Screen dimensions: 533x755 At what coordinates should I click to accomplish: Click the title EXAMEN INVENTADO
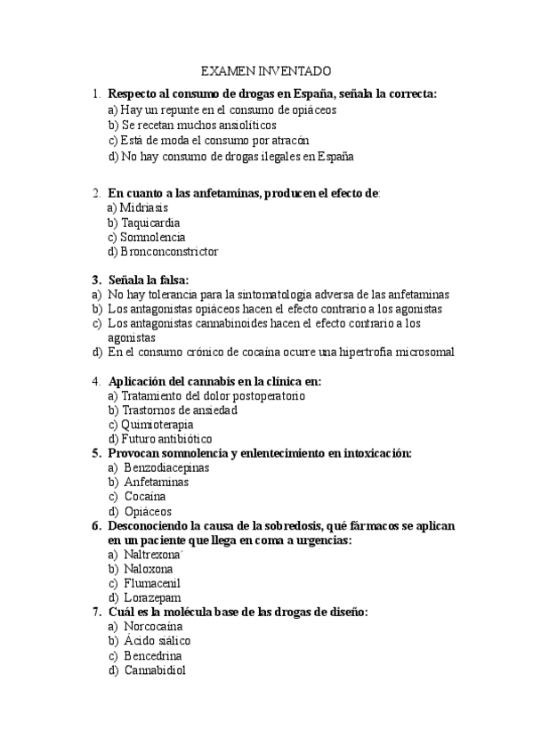click(x=266, y=70)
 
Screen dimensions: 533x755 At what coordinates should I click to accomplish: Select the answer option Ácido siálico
click(x=157, y=641)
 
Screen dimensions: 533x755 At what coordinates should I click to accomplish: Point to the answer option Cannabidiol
click(x=155, y=670)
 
